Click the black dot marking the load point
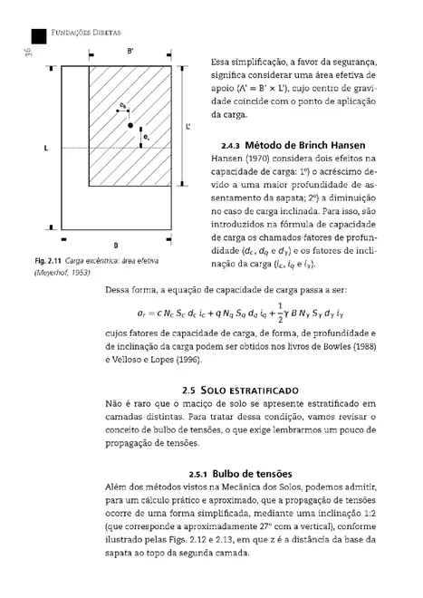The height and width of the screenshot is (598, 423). coord(130,124)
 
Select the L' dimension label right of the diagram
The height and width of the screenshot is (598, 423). coord(187,127)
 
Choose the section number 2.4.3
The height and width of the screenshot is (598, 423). coord(230,145)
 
